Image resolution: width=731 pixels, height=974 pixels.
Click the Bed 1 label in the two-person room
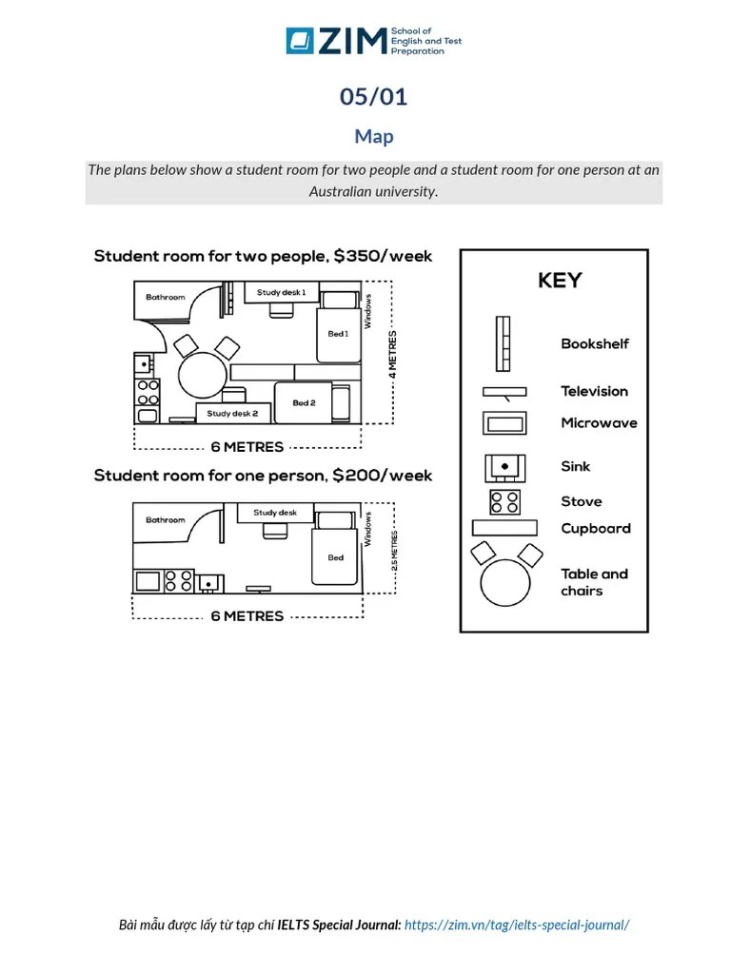tap(338, 334)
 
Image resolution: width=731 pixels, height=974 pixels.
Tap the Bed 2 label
tap(304, 403)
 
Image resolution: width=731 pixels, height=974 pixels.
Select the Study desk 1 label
tap(281, 293)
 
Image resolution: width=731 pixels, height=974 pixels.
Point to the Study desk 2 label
tap(232, 414)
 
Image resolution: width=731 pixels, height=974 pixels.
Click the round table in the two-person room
tap(203, 375)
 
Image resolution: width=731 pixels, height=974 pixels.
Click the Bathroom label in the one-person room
tap(166, 520)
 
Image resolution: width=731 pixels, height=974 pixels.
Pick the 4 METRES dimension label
tap(393, 355)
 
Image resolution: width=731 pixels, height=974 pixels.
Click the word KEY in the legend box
tap(560, 281)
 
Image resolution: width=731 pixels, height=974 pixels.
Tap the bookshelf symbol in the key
tap(502, 343)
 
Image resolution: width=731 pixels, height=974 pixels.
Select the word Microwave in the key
tap(599, 423)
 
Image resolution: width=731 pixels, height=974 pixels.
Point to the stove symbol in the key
tap(504, 501)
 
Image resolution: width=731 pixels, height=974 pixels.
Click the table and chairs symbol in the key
tap(505, 575)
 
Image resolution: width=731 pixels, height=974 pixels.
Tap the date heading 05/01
tap(374, 97)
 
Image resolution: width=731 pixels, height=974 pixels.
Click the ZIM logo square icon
tap(300, 41)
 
